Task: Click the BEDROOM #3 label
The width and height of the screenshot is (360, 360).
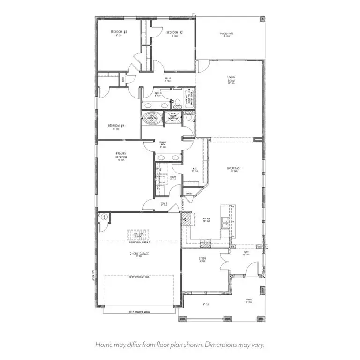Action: (x=116, y=32)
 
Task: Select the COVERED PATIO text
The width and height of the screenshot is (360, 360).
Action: (x=227, y=34)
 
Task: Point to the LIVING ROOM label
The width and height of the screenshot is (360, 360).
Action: (x=231, y=79)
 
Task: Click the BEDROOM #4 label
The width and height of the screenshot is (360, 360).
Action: (x=116, y=126)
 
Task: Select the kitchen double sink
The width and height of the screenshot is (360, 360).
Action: (x=226, y=223)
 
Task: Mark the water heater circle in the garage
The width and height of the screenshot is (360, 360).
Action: (x=104, y=217)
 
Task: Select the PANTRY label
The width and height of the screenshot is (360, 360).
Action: (x=189, y=193)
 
